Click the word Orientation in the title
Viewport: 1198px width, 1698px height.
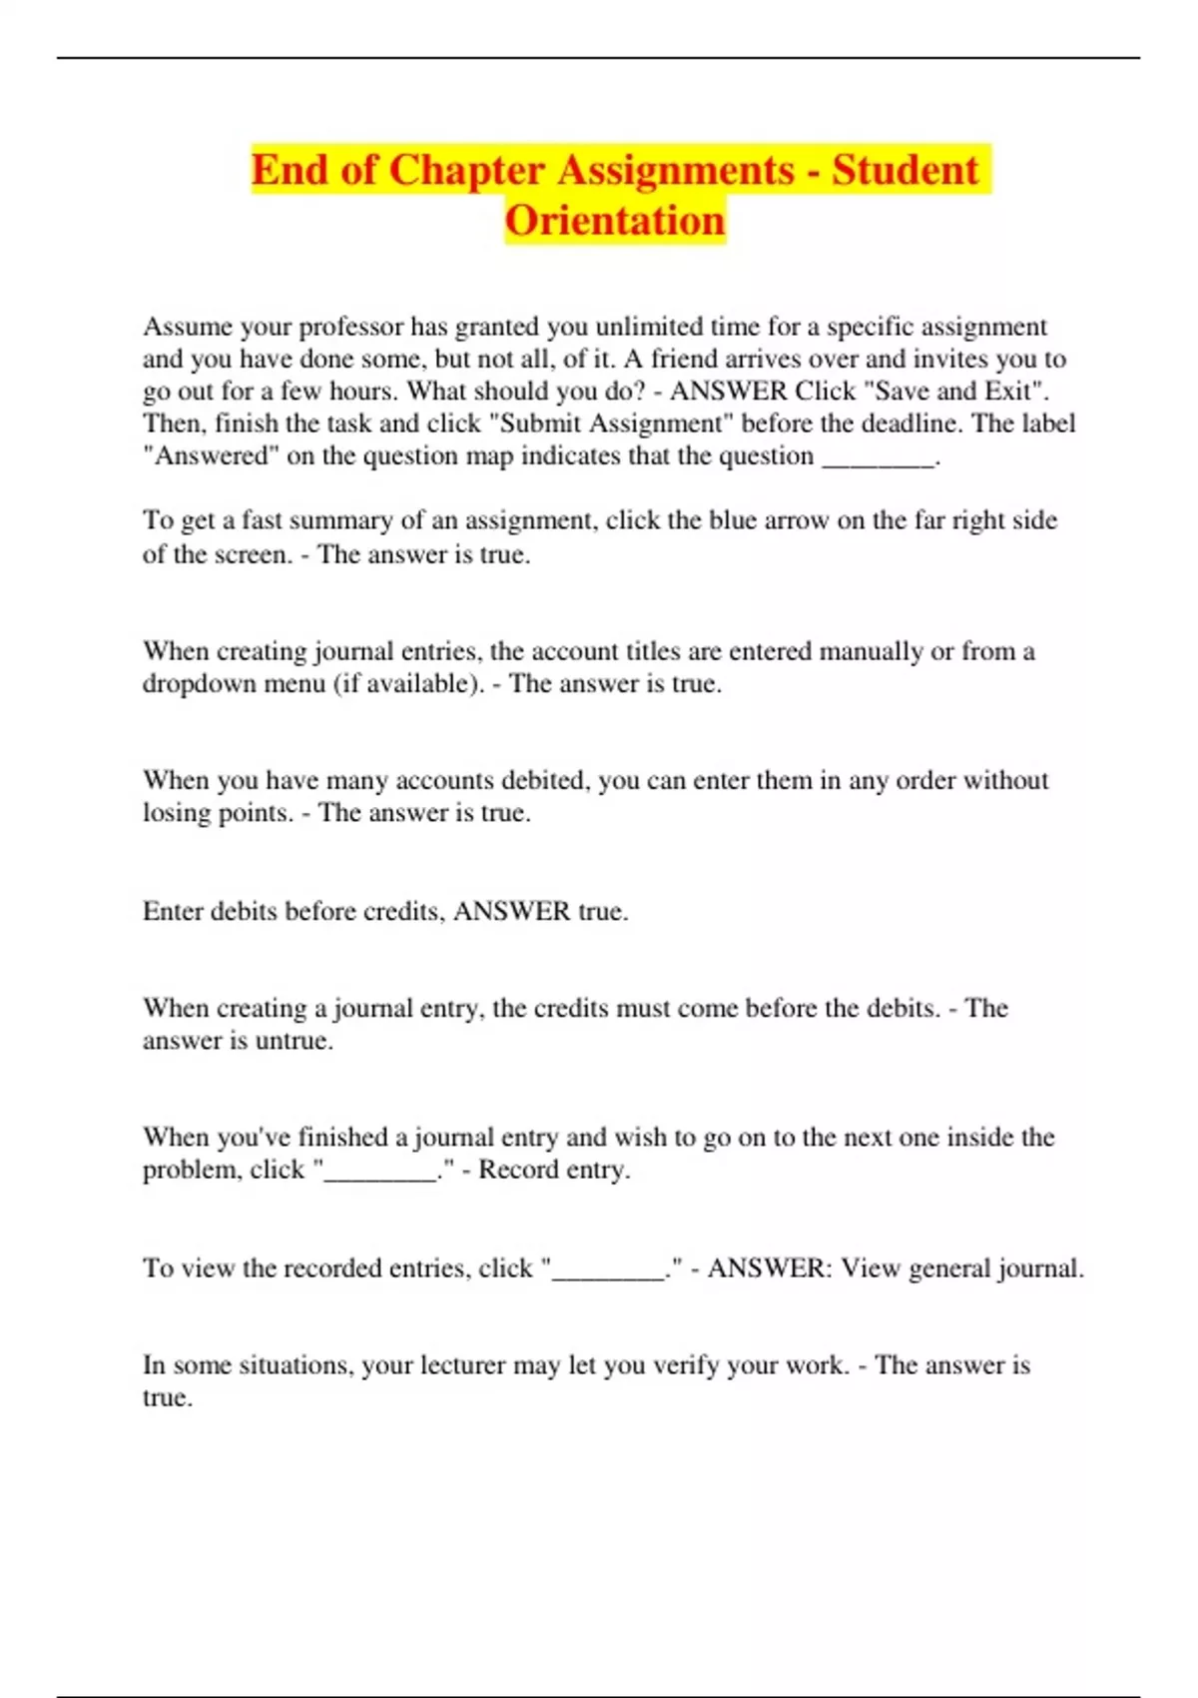[614, 221]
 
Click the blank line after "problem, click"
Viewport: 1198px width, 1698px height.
[380, 1172]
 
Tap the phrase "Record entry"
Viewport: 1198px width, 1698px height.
[553, 1170]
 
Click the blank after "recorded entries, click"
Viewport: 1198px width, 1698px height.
[609, 1271]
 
